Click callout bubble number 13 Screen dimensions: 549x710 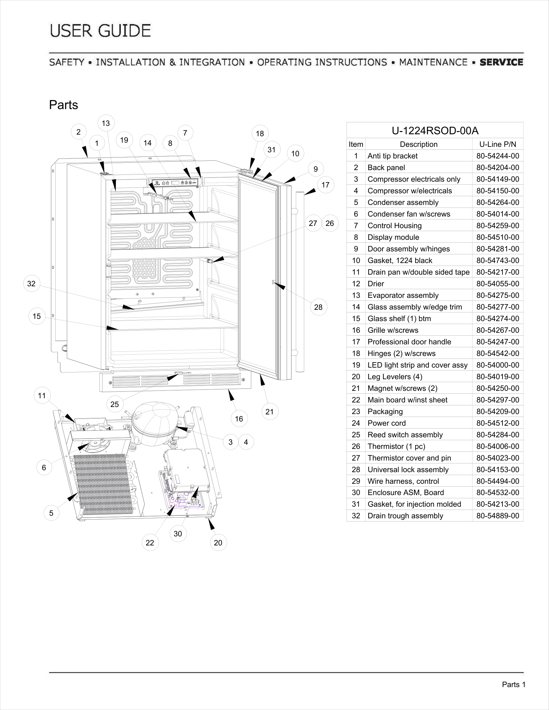[106, 123]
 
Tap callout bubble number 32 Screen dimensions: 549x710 [32, 283]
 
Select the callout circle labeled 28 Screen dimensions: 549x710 [318, 307]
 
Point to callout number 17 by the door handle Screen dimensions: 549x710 [326, 185]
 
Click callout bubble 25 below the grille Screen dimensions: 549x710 [115, 404]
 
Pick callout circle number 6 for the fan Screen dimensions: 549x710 [44, 468]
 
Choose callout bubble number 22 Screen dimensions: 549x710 [150, 543]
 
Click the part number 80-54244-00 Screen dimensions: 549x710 [498, 156]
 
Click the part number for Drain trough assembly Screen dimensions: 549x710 [498, 516]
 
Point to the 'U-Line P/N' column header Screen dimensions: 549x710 [498, 144]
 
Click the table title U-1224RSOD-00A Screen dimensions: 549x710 [435, 131]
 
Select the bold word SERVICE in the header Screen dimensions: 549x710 [502, 62]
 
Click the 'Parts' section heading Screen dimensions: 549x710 [63, 105]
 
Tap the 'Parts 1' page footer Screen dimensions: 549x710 [513, 685]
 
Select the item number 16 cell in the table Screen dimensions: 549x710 [356, 330]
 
